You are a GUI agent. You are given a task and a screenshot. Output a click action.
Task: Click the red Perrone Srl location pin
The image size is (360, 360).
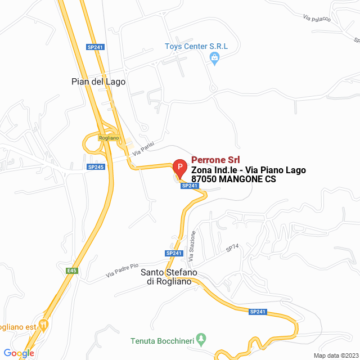[179, 167]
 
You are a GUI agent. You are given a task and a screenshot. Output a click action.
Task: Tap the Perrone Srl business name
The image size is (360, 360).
[215, 159]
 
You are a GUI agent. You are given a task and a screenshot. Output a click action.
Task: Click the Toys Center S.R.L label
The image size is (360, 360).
[196, 46]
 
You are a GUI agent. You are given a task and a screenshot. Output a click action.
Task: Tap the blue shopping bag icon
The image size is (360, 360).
[214, 57]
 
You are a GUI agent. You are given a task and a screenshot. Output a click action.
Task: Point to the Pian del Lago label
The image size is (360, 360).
[98, 82]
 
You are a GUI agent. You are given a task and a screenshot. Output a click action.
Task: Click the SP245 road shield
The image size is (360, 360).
[96, 166]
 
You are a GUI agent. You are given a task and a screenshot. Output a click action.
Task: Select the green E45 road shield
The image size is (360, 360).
[71, 271]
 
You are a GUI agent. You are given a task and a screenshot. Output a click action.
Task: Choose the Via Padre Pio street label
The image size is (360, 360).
[122, 271]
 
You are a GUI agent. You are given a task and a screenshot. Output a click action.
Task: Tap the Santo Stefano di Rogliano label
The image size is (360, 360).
[169, 277]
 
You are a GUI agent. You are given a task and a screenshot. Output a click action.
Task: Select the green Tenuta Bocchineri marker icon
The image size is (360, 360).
[204, 340]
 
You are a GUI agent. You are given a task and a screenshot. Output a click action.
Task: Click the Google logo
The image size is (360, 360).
[19, 353]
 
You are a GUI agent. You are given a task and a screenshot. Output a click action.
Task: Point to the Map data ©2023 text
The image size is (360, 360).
[335, 355]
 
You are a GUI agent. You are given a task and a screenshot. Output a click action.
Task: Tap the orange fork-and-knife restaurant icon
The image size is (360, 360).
[44, 326]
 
